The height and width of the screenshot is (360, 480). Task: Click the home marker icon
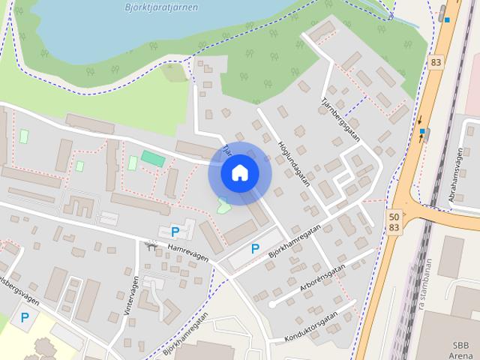239,173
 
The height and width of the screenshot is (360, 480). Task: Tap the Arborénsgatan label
324,277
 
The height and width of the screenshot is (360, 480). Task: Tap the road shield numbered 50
394,215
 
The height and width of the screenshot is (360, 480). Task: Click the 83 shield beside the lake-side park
436,61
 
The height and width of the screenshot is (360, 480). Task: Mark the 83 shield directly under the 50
394,226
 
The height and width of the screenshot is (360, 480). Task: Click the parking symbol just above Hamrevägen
175,232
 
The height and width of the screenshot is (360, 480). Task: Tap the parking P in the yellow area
25,317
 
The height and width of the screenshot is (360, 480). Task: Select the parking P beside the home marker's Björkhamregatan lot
255,248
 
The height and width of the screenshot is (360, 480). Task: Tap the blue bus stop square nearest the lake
447,19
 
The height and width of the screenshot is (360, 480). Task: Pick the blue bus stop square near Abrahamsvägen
424,132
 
